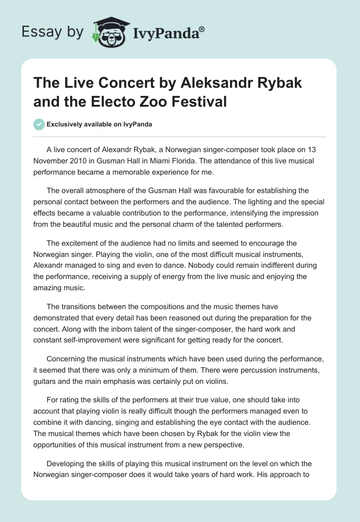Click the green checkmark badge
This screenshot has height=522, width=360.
tap(40, 124)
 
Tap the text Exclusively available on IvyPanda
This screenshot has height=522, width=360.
tap(99, 125)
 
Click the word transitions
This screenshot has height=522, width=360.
tap(77, 306)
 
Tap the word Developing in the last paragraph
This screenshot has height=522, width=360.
tap(66, 464)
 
